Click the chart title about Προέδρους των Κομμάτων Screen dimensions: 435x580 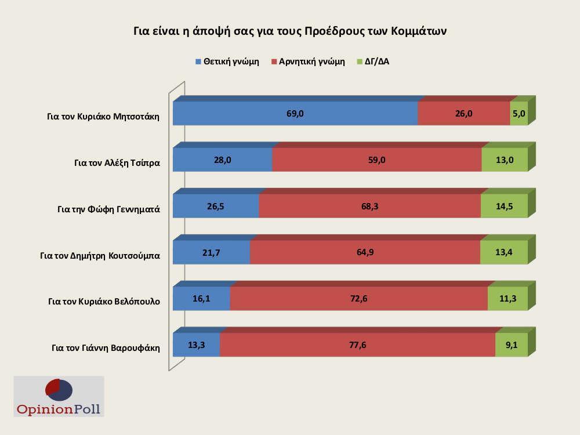click(x=289, y=31)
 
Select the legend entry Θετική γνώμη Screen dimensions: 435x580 click(x=227, y=61)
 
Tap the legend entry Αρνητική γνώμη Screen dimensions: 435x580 click(x=307, y=61)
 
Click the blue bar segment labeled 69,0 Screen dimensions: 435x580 click(x=295, y=114)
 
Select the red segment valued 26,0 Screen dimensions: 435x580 click(x=463, y=114)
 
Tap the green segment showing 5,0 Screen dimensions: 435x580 click(x=519, y=114)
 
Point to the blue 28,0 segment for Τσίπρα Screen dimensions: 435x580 click(x=222, y=160)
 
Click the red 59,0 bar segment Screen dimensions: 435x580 click(x=376, y=160)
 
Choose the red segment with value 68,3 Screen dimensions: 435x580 click(x=369, y=206)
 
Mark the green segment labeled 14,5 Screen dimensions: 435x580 click(x=504, y=206)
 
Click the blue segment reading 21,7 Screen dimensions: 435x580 click(x=211, y=253)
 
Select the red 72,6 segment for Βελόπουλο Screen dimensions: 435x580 click(x=358, y=299)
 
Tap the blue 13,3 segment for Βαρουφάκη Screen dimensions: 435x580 click(x=196, y=346)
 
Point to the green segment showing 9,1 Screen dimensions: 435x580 click(x=511, y=346)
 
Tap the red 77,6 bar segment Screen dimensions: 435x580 click(x=357, y=346)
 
